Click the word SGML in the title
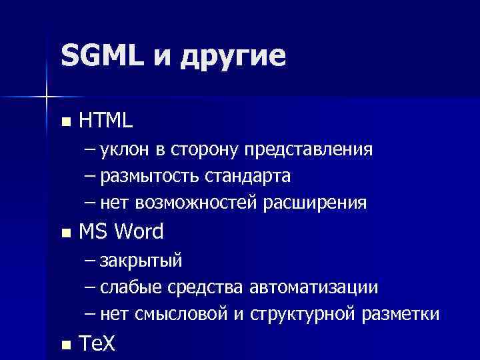click(x=101, y=55)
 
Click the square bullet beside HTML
click(x=64, y=122)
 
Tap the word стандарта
click(x=249, y=176)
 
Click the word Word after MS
click(x=139, y=232)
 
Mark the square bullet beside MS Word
click(x=64, y=234)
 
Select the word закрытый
click(x=141, y=260)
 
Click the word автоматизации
click(x=313, y=287)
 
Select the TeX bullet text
click(x=97, y=344)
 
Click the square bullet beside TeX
click(x=64, y=345)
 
